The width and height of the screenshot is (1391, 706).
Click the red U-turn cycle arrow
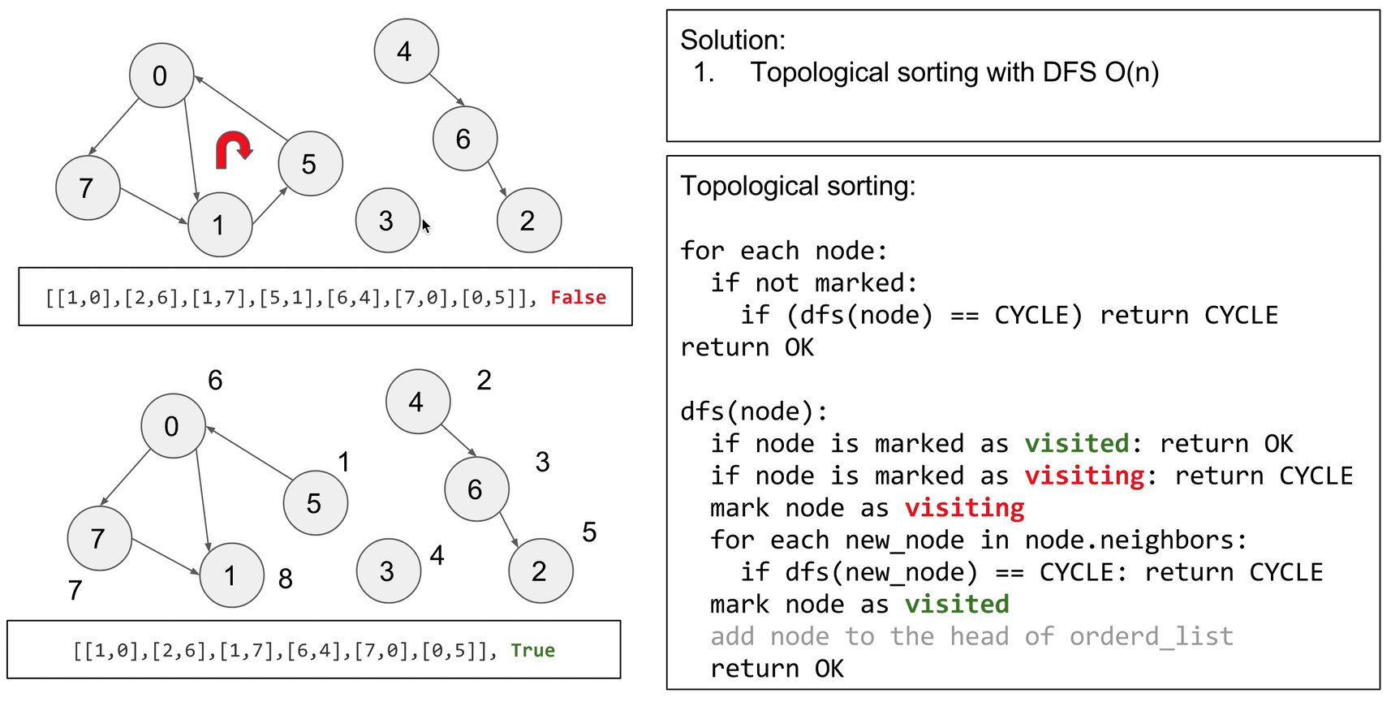click(x=234, y=150)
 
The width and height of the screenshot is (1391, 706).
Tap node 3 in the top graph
click(x=388, y=220)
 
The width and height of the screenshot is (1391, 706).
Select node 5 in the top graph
click(x=310, y=163)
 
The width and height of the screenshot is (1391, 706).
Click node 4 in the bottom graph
click(x=417, y=402)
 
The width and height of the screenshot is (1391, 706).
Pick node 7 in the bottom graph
click(x=99, y=538)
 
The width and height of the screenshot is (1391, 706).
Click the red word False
click(x=578, y=298)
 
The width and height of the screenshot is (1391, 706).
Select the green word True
click(x=532, y=650)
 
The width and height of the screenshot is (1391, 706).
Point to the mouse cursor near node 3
click(x=425, y=226)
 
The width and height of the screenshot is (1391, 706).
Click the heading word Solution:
click(x=732, y=40)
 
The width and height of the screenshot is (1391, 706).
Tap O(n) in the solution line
click(x=1131, y=72)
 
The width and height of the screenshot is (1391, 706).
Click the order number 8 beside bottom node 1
click(x=285, y=579)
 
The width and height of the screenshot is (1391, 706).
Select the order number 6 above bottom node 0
click(x=215, y=380)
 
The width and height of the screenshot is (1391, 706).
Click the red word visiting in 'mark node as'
click(x=964, y=508)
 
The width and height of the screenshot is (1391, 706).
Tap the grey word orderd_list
click(x=1151, y=636)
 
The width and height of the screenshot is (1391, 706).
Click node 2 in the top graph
click(x=528, y=220)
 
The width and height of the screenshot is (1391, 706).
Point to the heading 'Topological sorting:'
click(x=797, y=186)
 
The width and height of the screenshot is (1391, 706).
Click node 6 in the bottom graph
click(x=476, y=489)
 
